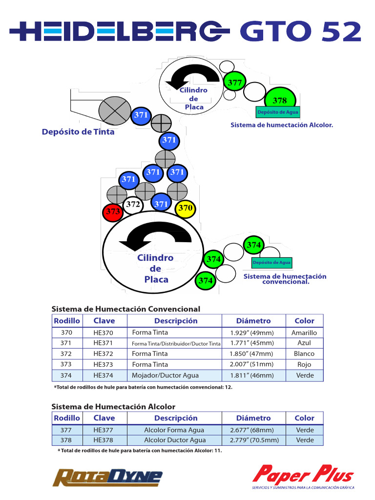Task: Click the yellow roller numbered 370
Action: tap(185, 208)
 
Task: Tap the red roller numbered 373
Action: tap(113, 212)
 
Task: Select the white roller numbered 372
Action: tap(133, 205)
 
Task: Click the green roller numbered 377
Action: tap(235, 83)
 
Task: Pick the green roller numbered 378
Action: tap(280, 100)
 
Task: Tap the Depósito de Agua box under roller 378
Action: tap(278, 112)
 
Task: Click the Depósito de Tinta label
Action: tap(78, 132)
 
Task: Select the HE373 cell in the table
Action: tap(103, 364)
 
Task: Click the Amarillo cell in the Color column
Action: tap(304, 333)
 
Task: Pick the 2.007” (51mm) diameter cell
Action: tap(252, 364)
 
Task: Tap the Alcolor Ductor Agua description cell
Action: tap(174, 440)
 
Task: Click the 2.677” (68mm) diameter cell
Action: tap(252, 430)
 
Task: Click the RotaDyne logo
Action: tap(107, 477)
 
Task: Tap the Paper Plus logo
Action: tap(303, 475)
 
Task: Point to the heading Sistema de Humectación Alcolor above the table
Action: tap(113, 407)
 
